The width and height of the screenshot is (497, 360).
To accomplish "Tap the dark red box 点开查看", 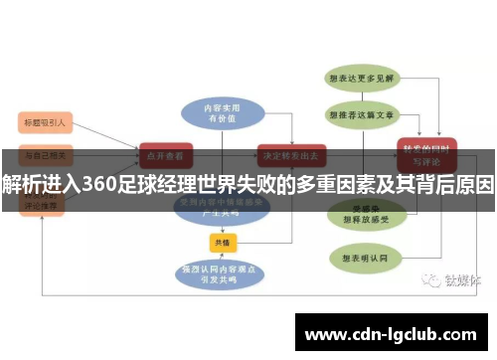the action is click(x=165, y=155).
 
